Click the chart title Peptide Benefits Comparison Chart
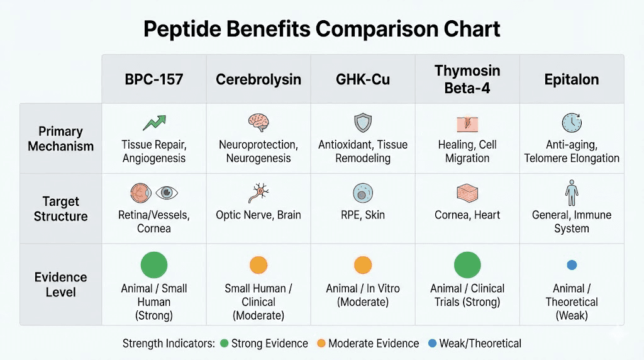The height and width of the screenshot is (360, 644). [x=321, y=30]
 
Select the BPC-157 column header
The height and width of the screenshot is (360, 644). [x=154, y=80]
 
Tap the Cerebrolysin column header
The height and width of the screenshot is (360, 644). [x=258, y=80]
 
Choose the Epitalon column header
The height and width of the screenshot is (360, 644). [x=572, y=80]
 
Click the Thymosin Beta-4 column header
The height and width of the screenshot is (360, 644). [x=467, y=79]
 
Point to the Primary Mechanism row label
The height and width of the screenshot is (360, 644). [x=61, y=138]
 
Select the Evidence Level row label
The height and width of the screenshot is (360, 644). [x=61, y=284]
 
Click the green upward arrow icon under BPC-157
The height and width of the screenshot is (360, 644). [x=153, y=122]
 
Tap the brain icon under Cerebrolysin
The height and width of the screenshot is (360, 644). [x=258, y=122]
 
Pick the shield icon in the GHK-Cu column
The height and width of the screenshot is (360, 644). [x=363, y=122]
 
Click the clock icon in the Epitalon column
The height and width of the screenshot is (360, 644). [x=571, y=122]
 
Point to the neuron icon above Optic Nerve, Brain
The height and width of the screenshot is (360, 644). [x=258, y=193]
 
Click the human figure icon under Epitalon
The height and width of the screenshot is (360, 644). [x=571, y=193]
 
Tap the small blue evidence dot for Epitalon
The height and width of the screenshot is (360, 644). [x=572, y=265]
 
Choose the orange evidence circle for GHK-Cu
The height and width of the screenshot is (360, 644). [x=363, y=265]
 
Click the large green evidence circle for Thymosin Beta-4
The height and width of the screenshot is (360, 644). [x=467, y=264]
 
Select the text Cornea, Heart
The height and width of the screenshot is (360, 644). [x=467, y=215]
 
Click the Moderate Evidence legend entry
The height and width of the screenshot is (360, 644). [x=368, y=344]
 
